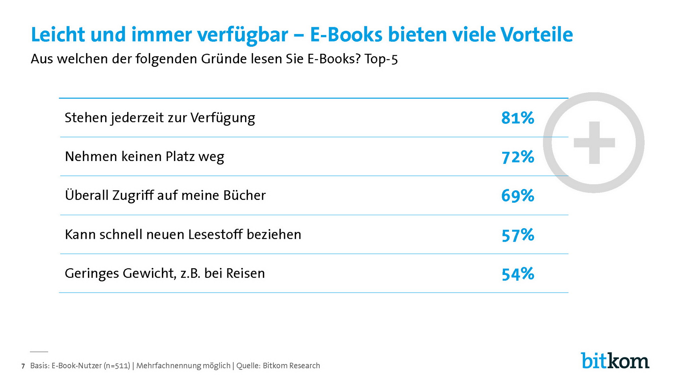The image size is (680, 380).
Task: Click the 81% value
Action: point(517,118)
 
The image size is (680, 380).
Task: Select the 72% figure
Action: point(517,157)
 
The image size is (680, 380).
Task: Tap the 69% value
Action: point(517,196)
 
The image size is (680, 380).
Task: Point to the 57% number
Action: point(517,235)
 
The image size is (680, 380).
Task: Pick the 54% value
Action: point(517,274)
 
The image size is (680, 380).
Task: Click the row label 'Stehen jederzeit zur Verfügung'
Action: point(160,118)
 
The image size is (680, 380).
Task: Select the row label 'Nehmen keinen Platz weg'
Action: point(144,157)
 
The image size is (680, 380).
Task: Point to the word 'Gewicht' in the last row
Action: point(149,274)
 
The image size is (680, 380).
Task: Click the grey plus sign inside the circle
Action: point(594,143)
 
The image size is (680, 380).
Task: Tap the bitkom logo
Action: point(615,361)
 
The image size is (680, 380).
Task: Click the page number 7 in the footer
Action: point(23,366)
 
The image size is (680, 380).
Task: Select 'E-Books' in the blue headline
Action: point(346,35)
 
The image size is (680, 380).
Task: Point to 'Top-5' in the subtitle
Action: point(381,59)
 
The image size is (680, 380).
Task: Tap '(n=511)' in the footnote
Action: point(117,366)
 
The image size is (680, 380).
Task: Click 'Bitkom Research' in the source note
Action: point(291,366)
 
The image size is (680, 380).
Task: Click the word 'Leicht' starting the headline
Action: point(58,35)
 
